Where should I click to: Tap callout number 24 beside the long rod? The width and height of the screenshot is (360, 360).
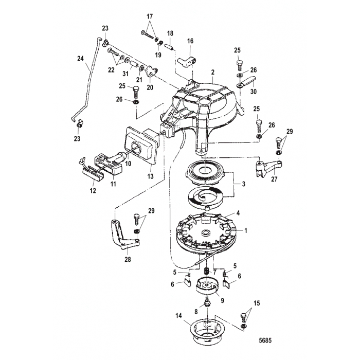coord(80,59)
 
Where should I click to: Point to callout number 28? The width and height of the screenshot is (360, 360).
coord(128,260)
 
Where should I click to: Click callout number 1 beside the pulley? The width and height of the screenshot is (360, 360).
coord(245,231)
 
